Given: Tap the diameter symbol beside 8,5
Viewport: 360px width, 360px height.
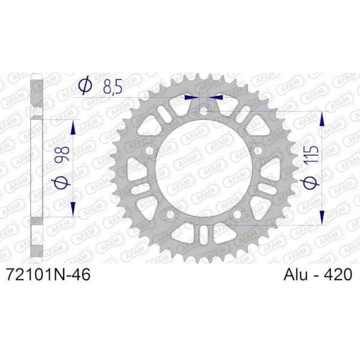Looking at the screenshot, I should click(85, 87).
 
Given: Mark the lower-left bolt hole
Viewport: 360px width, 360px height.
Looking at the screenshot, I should click(170, 214).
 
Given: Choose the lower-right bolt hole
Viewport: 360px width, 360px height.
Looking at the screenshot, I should click(237, 214).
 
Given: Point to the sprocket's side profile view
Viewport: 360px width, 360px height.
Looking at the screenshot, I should click(37, 168).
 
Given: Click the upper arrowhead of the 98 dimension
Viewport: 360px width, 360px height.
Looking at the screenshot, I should click(74, 126).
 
